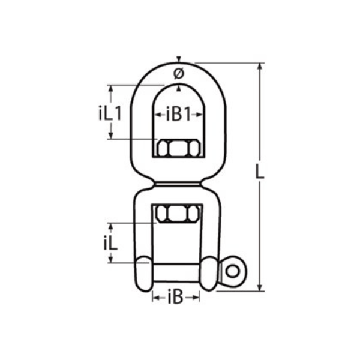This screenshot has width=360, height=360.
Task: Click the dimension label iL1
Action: tap(110, 113)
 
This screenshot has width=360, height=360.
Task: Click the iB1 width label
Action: tap(178, 115)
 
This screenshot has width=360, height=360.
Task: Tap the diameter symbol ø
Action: tap(179, 73)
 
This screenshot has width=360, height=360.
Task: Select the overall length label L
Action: tap(260, 172)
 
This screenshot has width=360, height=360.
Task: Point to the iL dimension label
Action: tap(110, 242)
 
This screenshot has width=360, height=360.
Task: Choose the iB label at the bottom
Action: tap(175, 298)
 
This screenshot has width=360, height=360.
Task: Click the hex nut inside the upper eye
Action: tap(179, 148)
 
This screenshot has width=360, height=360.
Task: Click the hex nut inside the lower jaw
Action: tap(178, 214)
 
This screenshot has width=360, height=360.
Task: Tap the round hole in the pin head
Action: tap(232, 272)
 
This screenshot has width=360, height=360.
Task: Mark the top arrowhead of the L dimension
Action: tap(260, 65)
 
